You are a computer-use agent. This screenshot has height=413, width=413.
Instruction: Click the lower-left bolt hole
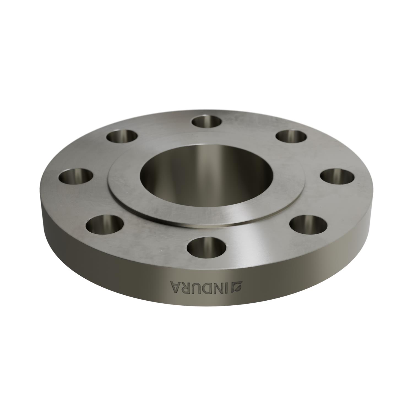[x=105, y=223]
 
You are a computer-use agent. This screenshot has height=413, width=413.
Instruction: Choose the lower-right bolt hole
[x=309, y=223]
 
